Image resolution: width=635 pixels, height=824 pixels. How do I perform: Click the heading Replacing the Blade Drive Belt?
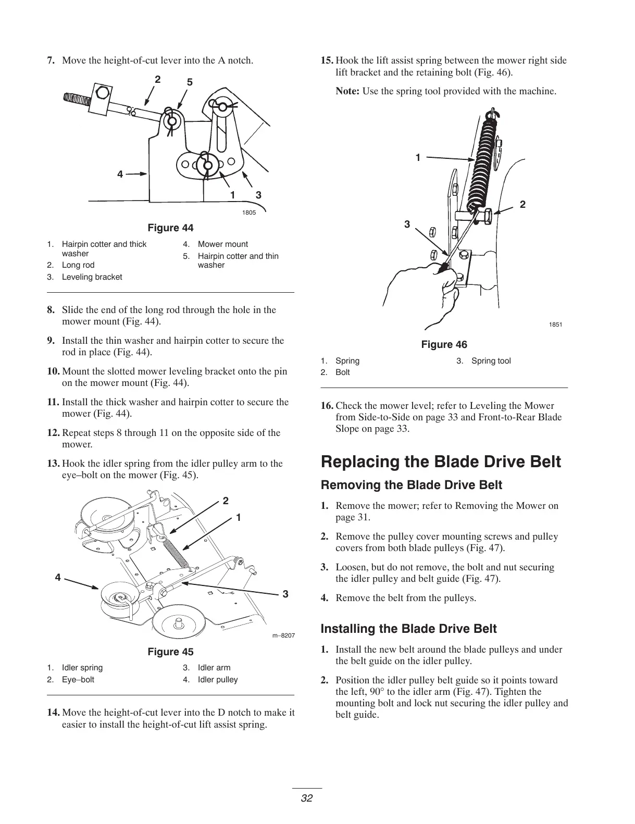pos(441,462)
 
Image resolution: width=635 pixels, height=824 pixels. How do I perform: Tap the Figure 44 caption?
pos(170,228)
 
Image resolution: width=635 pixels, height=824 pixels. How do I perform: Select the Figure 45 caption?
pos(170,652)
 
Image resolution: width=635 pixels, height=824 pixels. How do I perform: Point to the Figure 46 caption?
pos(444,345)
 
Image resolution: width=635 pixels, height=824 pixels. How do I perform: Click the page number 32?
pos(306,798)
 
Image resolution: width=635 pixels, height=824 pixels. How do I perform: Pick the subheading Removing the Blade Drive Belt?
pos(412,485)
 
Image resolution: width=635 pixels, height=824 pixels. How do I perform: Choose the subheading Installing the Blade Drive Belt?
pos(408,629)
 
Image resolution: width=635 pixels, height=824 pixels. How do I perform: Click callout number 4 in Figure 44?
pos(120,174)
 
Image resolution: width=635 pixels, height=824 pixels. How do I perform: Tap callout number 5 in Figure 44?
pos(190,82)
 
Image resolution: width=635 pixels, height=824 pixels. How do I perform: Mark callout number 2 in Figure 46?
pos(522,205)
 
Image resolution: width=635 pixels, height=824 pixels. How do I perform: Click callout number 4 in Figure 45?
pos(58,577)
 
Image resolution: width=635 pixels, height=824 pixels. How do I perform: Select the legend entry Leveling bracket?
pos(92,277)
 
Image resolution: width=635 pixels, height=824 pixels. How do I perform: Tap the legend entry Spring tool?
pos(491,361)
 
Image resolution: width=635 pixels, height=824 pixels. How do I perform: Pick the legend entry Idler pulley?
pos(218,680)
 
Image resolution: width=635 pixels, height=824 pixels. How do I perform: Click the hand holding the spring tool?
pos(432,292)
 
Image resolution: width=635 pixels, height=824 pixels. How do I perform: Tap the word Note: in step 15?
pos(347,92)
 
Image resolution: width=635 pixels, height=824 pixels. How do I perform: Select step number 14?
pos(53,713)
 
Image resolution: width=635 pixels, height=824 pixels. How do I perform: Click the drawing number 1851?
pos(555,325)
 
